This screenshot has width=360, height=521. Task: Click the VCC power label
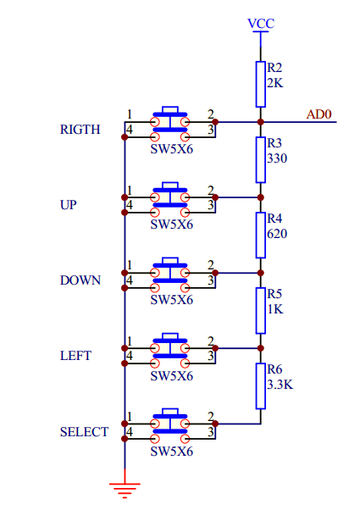(261, 24)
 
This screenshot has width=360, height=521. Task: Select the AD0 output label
(318, 114)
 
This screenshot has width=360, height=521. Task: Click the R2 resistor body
(261, 84)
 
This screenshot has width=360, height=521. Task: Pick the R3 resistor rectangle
(261, 160)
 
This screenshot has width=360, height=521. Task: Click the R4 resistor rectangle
(261, 236)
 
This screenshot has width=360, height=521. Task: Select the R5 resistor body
(261, 311)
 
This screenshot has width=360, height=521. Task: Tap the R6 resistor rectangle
(261, 386)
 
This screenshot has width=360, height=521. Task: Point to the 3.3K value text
(280, 385)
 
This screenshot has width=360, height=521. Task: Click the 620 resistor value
(277, 234)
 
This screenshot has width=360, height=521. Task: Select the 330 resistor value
(277, 158)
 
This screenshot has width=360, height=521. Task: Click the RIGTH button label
(80, 130)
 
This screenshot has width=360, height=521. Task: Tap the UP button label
(69, 205)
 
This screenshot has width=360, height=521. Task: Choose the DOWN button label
(80, 280)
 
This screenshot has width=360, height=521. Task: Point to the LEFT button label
(75, 356)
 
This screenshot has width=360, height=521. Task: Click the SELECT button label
(85, 432)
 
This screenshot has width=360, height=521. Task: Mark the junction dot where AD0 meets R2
(261, 122)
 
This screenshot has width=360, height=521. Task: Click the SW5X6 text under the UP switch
(172, 224)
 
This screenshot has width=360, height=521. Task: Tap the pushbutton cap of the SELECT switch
(170, 413)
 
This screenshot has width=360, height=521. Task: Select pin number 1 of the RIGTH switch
(130, 114)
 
